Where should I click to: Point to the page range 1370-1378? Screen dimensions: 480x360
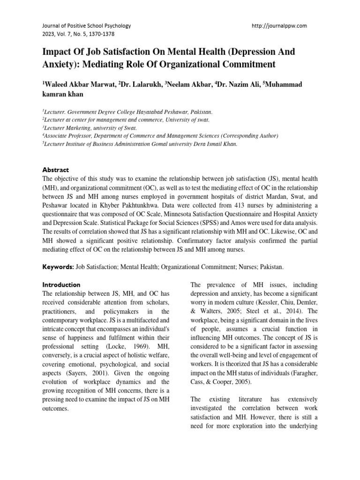[x=98, y=34]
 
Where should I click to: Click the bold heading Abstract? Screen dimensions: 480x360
[x=56, y=170]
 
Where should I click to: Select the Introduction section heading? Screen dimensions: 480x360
[x=61, y=285]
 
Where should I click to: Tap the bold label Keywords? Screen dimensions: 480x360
[x=58, y=266]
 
